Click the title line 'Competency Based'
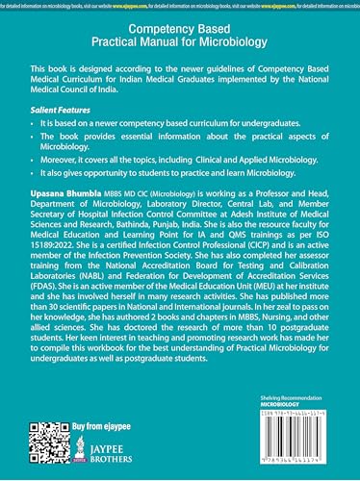[x=180, y=30]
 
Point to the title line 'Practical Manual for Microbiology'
[x=180, y=46]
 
